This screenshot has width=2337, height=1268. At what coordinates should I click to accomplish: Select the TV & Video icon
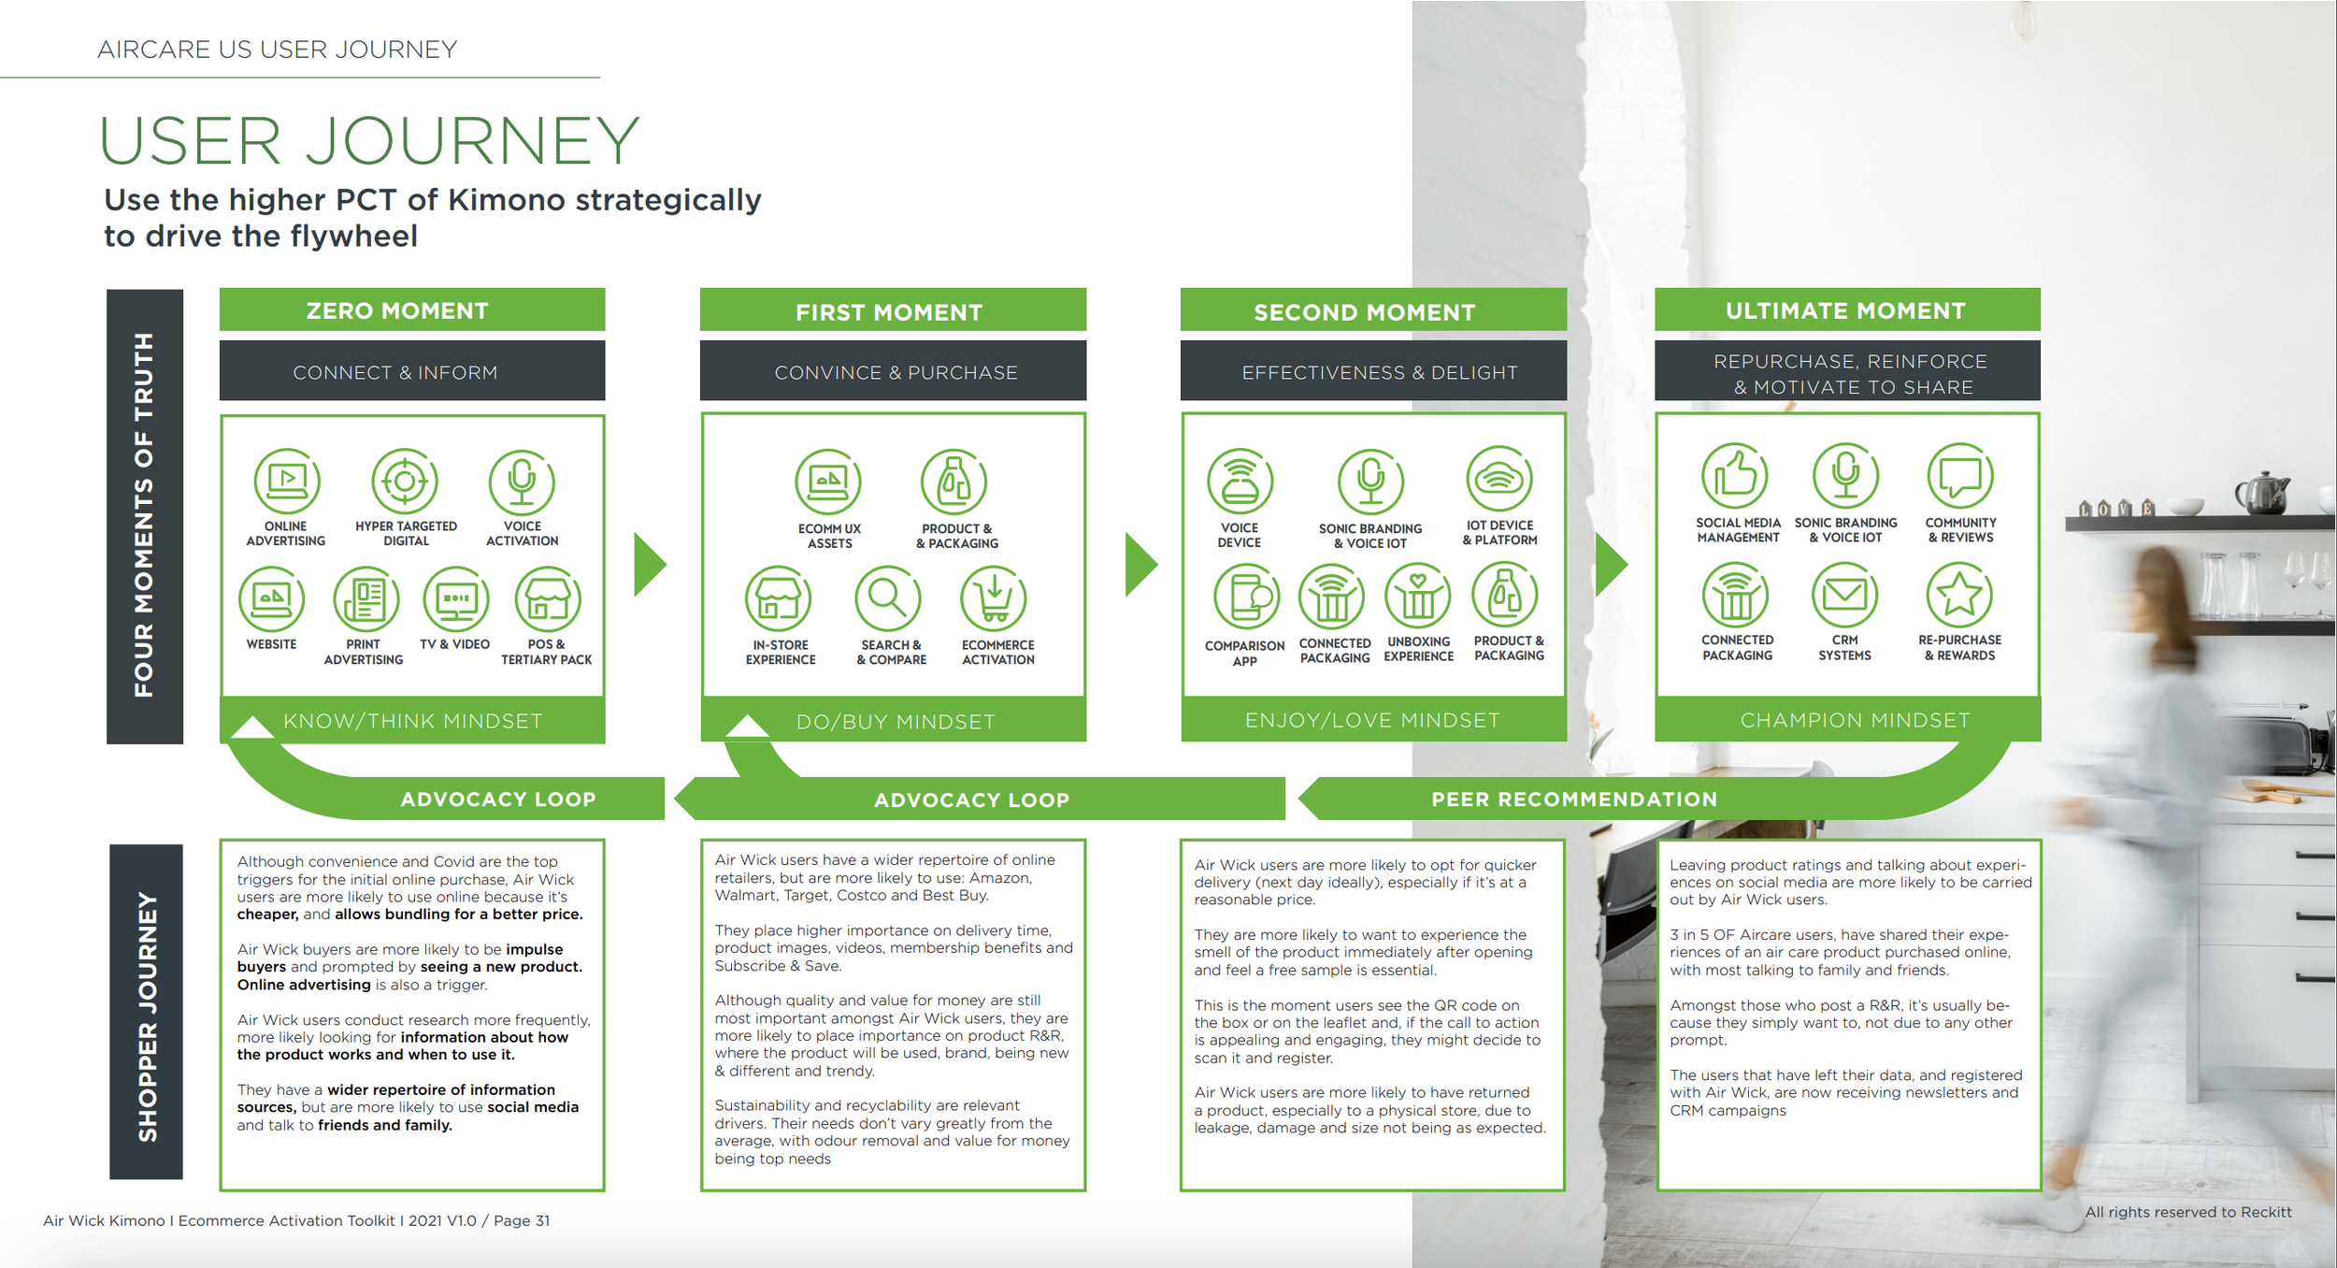click(456, 599)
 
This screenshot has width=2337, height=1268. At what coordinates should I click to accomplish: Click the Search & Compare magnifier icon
click(888, 599)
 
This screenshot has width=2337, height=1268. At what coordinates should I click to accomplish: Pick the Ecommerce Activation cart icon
click(994, 599)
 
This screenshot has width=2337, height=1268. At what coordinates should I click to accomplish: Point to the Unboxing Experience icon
click(1418, 597)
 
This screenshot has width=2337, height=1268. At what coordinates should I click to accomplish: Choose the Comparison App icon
click(1247, 597)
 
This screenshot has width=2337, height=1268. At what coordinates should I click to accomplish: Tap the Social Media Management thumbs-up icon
click(1735, 476)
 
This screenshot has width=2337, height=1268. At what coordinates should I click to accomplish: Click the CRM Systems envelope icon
click(1845, 595)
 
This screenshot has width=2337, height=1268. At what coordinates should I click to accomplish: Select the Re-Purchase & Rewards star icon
click(1960, 595)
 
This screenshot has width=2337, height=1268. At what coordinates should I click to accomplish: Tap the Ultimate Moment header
click(1847, 310)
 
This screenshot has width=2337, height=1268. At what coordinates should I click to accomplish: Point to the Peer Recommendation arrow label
click(1574, 800)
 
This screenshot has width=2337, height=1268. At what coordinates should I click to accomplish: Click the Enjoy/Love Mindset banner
click(1373, 720)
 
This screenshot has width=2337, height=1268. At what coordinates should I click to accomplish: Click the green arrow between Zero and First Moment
click(650, 565)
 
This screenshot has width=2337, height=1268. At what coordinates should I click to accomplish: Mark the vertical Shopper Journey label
click(147, 1016)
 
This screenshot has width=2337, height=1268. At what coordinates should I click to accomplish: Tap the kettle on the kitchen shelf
click(2262, 493)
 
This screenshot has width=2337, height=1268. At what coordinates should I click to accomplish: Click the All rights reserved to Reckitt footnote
click(2188, 1213)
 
